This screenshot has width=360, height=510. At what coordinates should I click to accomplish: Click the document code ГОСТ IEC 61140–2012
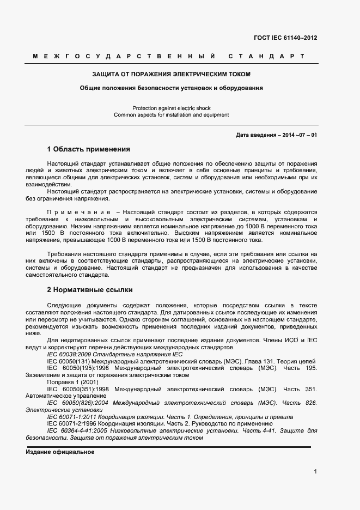tap(285, 38)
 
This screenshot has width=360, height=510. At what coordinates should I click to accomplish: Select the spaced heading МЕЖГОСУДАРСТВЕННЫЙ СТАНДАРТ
tap(168, 56)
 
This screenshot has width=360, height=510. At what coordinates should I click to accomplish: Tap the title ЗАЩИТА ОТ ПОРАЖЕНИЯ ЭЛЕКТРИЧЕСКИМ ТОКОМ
tap(171, 74)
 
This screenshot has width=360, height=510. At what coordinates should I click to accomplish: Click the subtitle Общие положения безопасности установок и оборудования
tap(171, 87)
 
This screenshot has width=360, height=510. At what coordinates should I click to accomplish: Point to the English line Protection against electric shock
tap(171, 108)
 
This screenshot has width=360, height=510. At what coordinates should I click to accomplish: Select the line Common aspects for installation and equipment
tap(171, 115)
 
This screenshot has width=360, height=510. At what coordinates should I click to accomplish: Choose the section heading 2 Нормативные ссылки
tap(90, 289)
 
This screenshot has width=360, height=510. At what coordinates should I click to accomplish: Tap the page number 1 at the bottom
tap(315, 472)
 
